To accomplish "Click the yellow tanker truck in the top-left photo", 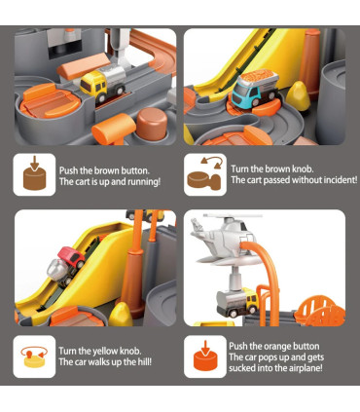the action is tap(103, 83).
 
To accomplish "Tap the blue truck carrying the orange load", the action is tap(256, 88).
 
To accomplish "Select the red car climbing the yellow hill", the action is tap(71, 256).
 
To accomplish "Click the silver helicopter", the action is tap(227, 239).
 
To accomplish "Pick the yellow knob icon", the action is tap(34, 356).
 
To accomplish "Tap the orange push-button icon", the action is tap(205, 356).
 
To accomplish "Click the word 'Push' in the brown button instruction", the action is tap(69, 170).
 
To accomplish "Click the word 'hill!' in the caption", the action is tap(144, 361).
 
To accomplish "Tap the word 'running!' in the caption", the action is tap(144, 182).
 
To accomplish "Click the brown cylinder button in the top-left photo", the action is tap(152, 123).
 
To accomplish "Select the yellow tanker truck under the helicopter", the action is tap(237, 303).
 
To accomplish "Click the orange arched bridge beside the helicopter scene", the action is tap(320, 311).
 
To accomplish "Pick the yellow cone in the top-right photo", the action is tap(298, 95).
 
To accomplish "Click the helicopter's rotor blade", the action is tap(232, 215).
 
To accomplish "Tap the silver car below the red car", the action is tap(60, 271).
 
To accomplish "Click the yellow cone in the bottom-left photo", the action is tap(121, 315).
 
